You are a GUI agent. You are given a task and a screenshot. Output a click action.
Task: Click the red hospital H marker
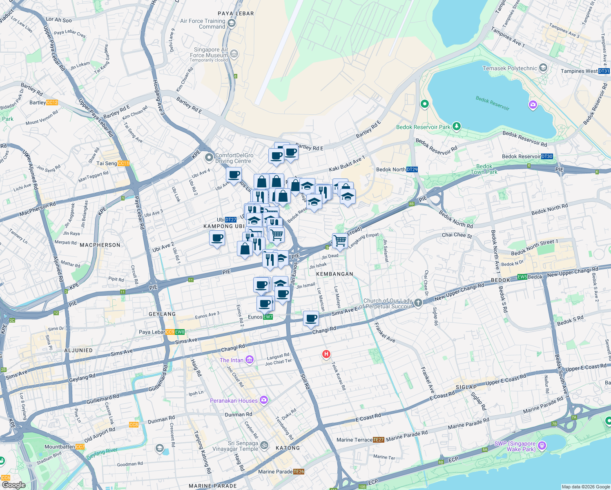point(326,354)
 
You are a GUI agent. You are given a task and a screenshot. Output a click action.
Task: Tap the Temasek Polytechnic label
point(510,68)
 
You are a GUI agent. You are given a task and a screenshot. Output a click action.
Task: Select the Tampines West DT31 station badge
point(604,71)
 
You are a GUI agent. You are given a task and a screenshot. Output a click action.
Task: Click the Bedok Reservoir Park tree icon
point(457,127)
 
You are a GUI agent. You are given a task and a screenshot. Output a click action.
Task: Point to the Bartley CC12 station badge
point(52,102)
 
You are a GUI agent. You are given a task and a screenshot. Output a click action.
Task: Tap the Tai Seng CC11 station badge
point(123,163)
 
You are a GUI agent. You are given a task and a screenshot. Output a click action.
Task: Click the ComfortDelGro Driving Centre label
point(234,158)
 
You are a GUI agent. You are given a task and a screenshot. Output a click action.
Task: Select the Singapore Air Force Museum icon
point(234,53)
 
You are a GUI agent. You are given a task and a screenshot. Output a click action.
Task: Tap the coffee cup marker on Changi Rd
point(311,318)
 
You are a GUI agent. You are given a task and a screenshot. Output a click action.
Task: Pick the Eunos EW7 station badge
point(268,317)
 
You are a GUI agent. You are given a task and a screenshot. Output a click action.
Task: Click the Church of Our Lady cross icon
point(418,303)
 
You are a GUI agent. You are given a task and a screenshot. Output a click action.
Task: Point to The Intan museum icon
point(249,360)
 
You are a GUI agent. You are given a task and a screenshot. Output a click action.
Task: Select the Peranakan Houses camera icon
point(264,400)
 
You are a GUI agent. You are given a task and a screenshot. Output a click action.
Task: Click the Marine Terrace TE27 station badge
point(379,440)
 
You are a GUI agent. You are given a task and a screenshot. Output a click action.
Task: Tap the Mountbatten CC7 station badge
point(80,447)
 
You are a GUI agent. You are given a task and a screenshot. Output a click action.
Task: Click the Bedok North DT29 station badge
point(412,169)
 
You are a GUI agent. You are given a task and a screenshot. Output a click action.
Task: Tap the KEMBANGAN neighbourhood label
point(334,274)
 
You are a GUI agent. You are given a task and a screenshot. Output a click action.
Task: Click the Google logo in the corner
point(13,485)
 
